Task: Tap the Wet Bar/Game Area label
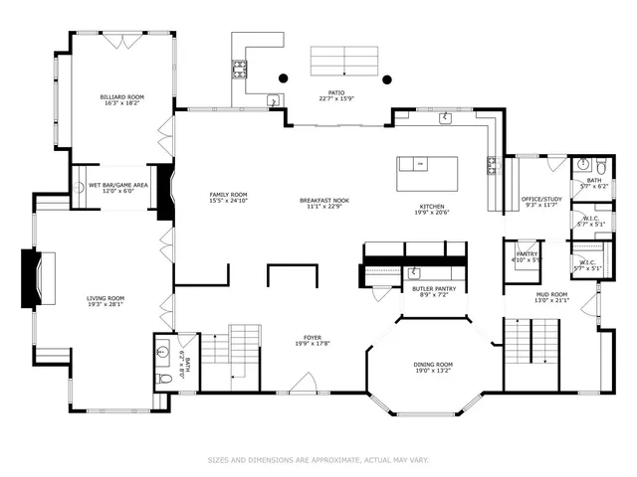coord(118,185)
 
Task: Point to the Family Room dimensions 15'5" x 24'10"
coord(228,202)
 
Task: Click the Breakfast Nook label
coord(321,201)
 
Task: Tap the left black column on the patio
coord(284,79)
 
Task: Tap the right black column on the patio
coord(388,79)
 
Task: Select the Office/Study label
coord(542,199)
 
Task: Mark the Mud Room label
coord(552,294)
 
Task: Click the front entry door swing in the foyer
coord(306,382)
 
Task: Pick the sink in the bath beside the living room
coord(161,351)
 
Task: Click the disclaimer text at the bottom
coord(318,460)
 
